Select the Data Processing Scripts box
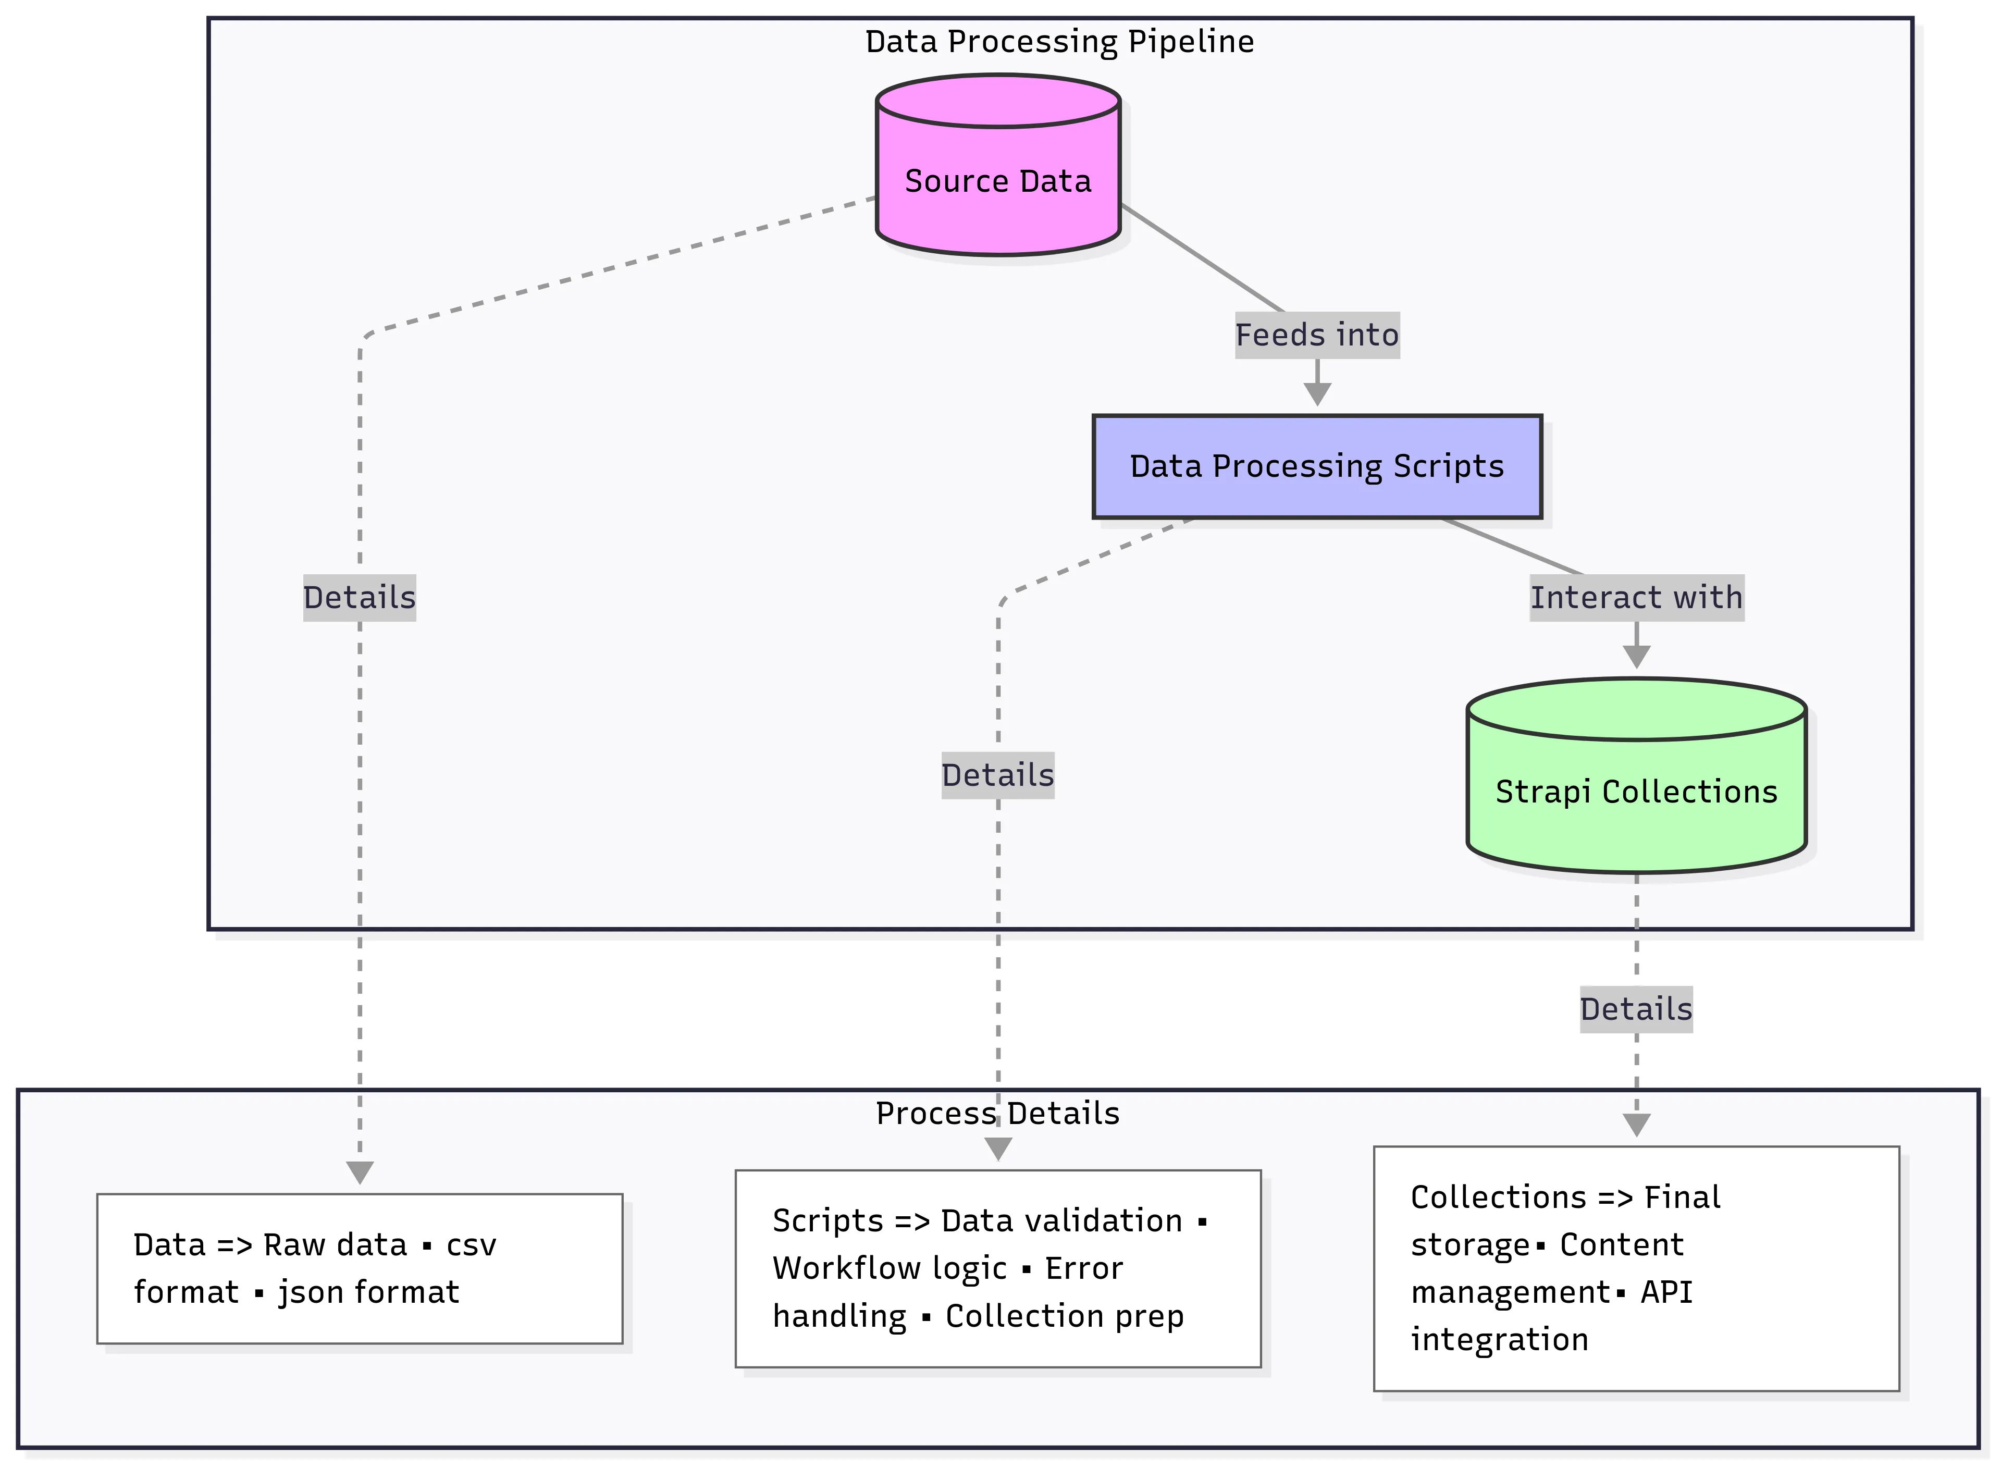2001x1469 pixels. [x=1316, y=466]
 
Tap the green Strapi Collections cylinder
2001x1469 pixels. [x=1636, y=792]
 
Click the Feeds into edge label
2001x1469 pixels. [x=1316, y=335]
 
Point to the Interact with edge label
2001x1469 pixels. [x=1636, y=597]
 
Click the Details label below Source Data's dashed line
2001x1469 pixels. [x=359, y=597]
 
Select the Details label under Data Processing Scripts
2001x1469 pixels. [x=997, y=774]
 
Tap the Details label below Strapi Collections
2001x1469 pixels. [x=1636, y=1009]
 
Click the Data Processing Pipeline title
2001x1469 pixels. [x=1059, y=42]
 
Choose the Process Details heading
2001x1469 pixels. [x=997, y=1113]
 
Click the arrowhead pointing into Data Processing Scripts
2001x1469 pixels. [x=1316, y=394]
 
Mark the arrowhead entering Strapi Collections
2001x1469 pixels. [x=1636, y=656]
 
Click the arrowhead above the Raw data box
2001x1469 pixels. [x=359, y=1172]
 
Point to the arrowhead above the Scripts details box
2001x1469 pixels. [x=997, y=1149]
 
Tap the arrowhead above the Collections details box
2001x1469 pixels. [x=1636, y=1125]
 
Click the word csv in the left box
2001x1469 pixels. [x=471, y=1245]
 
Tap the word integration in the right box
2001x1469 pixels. [x=1499, y=1339]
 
